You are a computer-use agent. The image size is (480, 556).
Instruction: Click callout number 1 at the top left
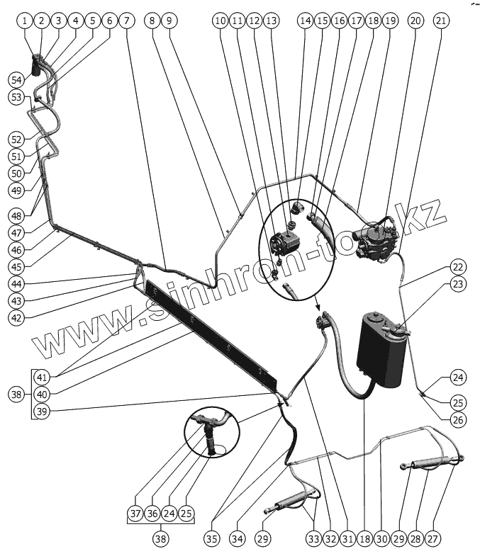coord(26,21)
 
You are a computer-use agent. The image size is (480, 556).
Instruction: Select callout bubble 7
coord(127,21)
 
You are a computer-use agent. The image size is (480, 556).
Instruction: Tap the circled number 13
coord(271,21)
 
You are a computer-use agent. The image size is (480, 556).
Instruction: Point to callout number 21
coord(441,21)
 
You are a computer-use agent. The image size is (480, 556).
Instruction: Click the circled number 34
coord(237,539)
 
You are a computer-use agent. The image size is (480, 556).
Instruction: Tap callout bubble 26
coord(458,419)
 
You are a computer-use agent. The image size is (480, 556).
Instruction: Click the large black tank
coord(382,351)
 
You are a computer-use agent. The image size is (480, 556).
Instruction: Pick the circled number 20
coord(415,21)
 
